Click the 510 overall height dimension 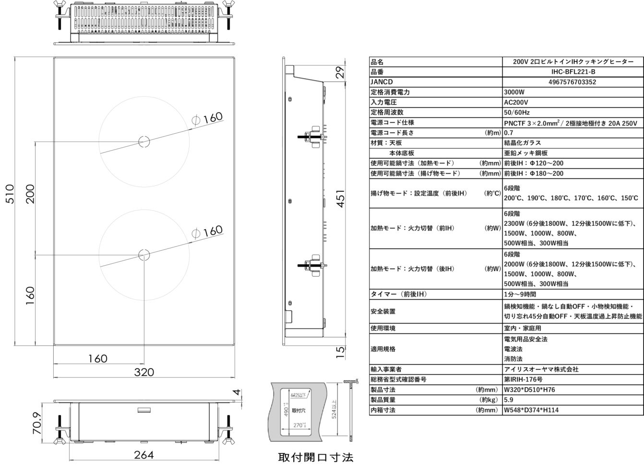[x=10, y=194]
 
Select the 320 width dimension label [x=144, y=372]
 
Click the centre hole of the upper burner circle [x=143, y=141]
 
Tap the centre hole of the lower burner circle [x=144, y=255]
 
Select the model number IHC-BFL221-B [x=573, y=72]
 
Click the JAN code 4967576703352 [x=573, y=82]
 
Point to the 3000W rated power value [x=514, y=92]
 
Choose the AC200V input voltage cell [x=516, y=102]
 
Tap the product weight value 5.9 [x=508, y=400]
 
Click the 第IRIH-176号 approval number [x=523, y=379]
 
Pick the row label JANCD [x=382, y=82]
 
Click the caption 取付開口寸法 [x=316, y=457]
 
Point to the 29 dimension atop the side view [x=340, y=72]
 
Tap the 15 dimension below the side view [x=340, y=352]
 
